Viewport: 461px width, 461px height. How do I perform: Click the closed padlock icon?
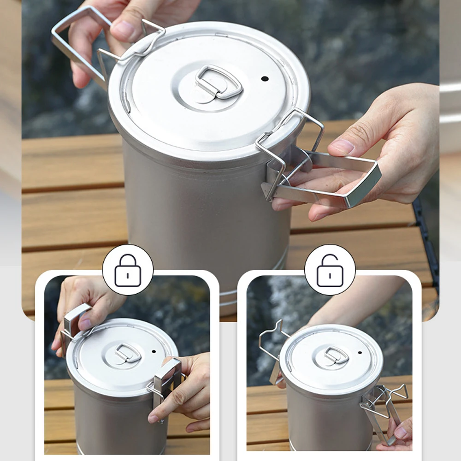(x=128, y=270)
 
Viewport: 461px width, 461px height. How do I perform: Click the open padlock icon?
(x=330, y=270)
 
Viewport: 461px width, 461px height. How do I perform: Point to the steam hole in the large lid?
(x=265, y=79)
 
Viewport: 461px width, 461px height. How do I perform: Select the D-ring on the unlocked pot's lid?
(x=336, y=355)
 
